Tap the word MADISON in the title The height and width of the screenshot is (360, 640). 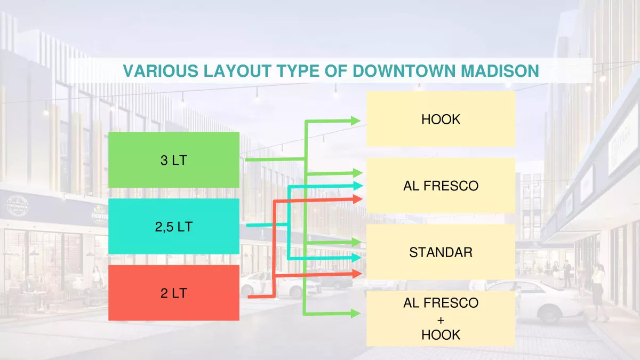(x=500, y=71)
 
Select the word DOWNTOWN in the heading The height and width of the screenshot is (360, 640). (x=404, y=71)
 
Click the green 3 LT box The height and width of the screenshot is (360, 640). (x=174, y=159)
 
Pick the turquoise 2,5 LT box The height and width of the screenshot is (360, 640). (x=174, y=226)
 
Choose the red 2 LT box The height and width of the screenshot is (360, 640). (x=174, y=293)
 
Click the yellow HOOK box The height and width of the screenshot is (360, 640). (x=441, y=119)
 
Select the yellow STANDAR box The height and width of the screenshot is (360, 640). (x=441, y=252)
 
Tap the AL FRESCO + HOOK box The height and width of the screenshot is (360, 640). (x=441, y=318)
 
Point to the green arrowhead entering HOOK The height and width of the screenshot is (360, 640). (x=355, y=121)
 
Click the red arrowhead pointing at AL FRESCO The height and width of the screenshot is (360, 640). (x=357, y=199)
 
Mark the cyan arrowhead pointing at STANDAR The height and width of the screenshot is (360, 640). (x=356, y=258)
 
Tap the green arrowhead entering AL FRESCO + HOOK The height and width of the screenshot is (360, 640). (x=355, y=314)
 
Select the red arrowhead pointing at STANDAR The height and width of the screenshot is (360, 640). (x=357, y=274)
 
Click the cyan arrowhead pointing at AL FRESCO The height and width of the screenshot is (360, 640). (x=358, y=186)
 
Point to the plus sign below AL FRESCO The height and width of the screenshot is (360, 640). (x=441, y=321)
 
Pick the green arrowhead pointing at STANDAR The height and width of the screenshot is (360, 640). (x=357, y=242)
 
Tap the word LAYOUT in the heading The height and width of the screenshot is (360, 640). (x=237, y=71)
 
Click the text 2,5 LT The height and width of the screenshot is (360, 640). (x=174, y=227)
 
